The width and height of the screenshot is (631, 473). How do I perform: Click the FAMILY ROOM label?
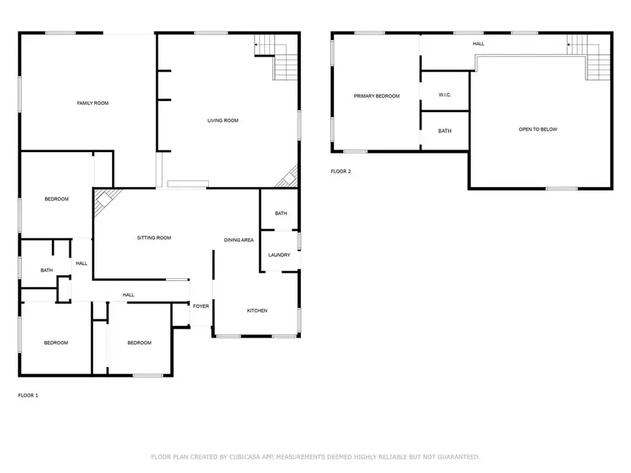93,103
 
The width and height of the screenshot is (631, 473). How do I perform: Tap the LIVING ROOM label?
223,121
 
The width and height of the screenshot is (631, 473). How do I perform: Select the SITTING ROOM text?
154,238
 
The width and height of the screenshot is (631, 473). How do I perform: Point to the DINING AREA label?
238,240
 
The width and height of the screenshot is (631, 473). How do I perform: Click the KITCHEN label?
257,310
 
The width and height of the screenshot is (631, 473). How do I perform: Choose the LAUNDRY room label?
279,255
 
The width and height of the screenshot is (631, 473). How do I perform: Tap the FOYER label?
201,306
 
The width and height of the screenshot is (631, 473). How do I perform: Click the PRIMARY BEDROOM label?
376,96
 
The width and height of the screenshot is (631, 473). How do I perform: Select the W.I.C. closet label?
445,95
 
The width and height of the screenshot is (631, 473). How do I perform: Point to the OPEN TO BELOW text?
538,129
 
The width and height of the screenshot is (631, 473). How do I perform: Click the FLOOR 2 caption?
341,171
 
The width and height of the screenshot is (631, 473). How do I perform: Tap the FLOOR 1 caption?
28,395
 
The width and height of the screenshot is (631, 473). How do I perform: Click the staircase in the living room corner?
284,65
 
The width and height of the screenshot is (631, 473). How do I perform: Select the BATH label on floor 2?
445,131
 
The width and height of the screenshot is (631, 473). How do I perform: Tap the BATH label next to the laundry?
280,214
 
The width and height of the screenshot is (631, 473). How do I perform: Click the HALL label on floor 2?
478,43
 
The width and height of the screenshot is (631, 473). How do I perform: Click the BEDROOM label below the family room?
57,199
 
